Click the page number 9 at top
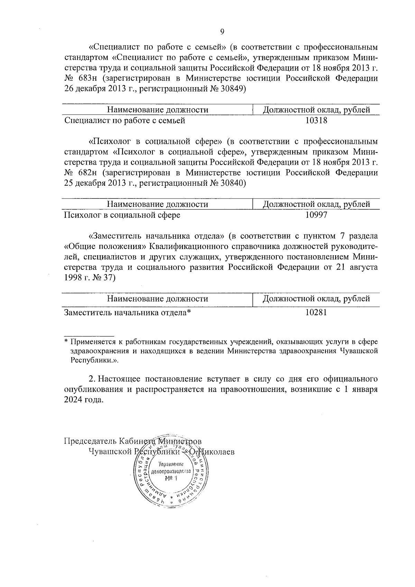click(x=222, y=32)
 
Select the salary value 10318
click(x=316, y=120)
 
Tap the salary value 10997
click(x=316, y=215)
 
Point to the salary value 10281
click(x=316, y=312)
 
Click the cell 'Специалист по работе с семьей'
click(x=125, y=120)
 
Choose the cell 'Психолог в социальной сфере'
click(x=122, y=215)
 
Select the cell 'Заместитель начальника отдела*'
click(x=128, y=312)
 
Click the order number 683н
click(x=87, y=79)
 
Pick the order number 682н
click(x=87, y=173)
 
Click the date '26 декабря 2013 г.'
click(x=96, y=89)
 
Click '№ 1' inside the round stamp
click(x=171, y=478)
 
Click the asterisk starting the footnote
click(x=66, y=342)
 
